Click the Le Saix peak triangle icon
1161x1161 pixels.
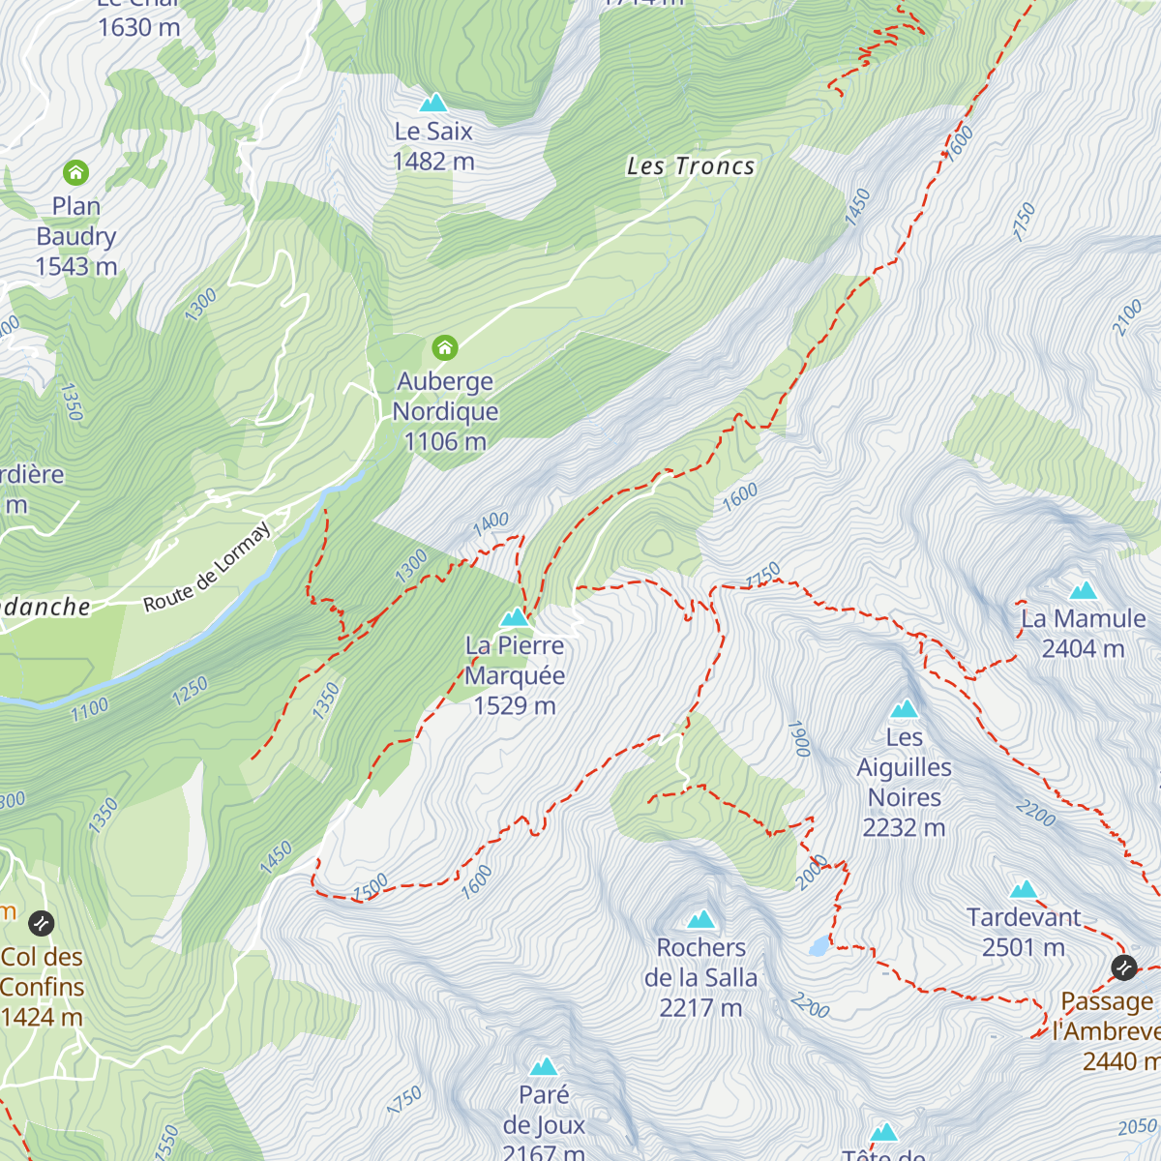coord(432,103)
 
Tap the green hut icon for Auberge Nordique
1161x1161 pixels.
coord(445,346)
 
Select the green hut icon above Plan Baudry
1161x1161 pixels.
coord(75,173)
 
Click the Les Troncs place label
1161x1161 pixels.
coord(690,166)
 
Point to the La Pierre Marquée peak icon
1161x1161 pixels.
coord(515,617)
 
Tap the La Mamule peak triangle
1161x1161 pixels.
coord(1083,590)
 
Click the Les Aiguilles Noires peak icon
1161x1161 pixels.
coord(905,709)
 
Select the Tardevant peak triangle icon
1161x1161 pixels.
coord(1024,890)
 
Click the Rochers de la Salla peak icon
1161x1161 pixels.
coord(701,919)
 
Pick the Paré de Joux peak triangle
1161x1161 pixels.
coord(544,1067)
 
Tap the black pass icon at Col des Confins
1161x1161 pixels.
coord(41,923)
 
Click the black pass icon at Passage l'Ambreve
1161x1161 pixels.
coord(1123,967)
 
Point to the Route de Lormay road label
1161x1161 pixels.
coord(207,567)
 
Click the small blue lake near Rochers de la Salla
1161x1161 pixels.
coord(819,945)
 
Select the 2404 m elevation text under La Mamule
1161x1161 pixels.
coord(1083,648)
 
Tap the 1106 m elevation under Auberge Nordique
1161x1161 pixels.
coord(445,442)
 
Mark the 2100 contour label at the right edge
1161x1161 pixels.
coord(1127,318)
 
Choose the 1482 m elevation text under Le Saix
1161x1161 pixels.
coord(433,162)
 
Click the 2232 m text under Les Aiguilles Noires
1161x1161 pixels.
coord(904,828)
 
